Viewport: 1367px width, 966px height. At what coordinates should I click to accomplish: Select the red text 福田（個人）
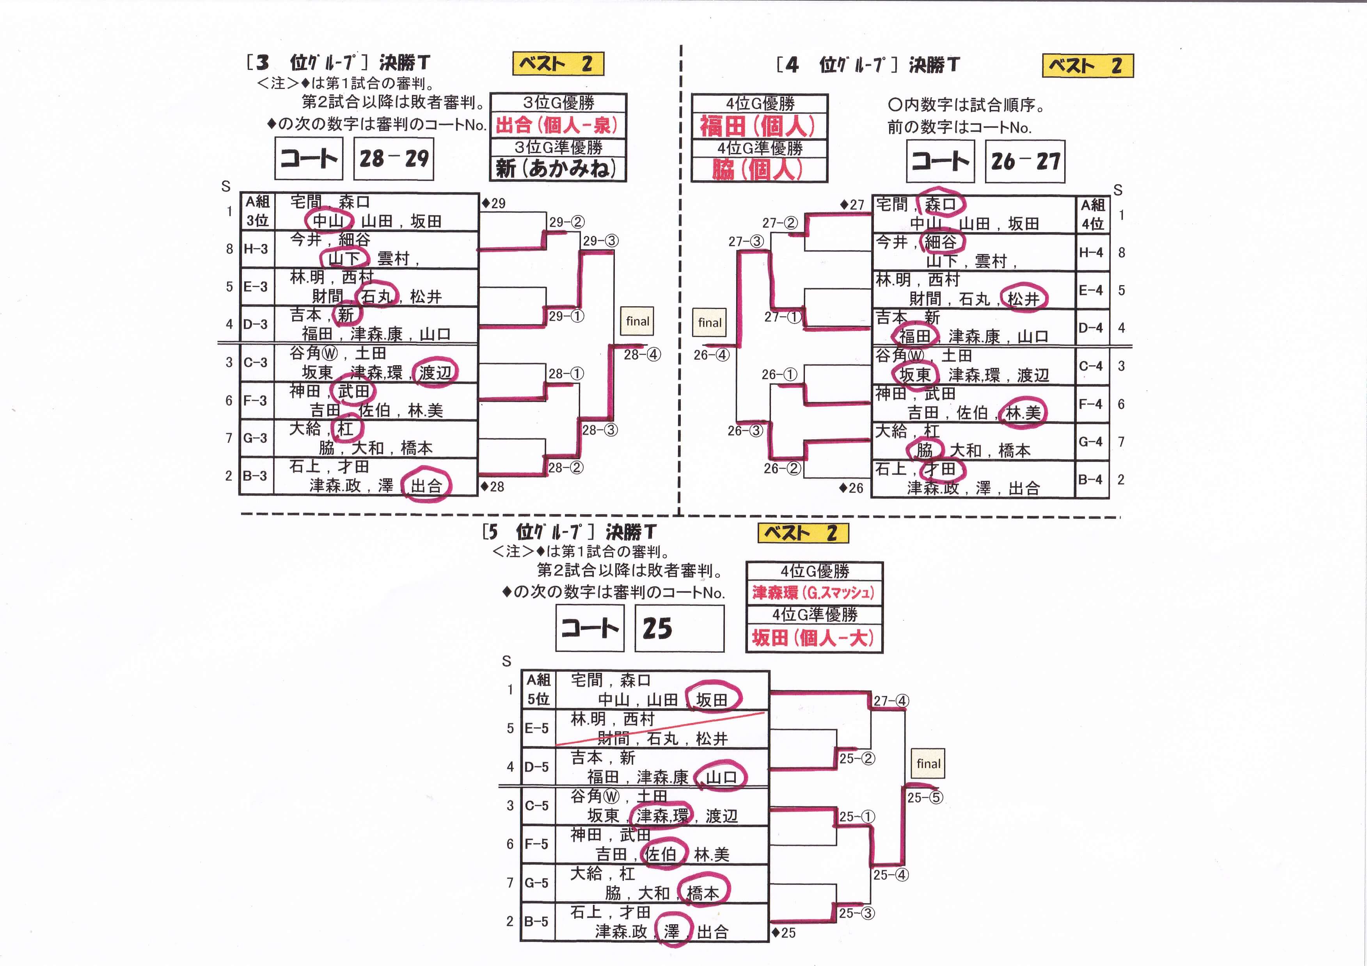click(x=758, y=126)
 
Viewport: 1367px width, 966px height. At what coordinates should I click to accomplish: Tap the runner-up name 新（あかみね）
click(x=557, y=169)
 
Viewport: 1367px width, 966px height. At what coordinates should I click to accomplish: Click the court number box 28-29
click(x=394, y=158)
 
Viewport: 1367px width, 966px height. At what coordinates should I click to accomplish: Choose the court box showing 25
click(x=679, y=628)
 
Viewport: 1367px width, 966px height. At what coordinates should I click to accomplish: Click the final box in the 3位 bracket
click(x=637, y=321)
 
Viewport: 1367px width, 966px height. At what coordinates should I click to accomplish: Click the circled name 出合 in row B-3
click(x=426, y=486)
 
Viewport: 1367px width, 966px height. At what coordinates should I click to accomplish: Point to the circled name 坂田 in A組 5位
click(x=712, y=700)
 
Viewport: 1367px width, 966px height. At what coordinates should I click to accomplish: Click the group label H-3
click(x=256, y=249)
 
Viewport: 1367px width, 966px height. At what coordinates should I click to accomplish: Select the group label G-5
click(x=536, y=883)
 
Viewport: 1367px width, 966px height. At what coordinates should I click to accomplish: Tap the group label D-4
click(x=1091, y=328)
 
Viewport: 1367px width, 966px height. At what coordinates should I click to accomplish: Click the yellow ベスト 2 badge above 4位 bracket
click(x=1087, y=66)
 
